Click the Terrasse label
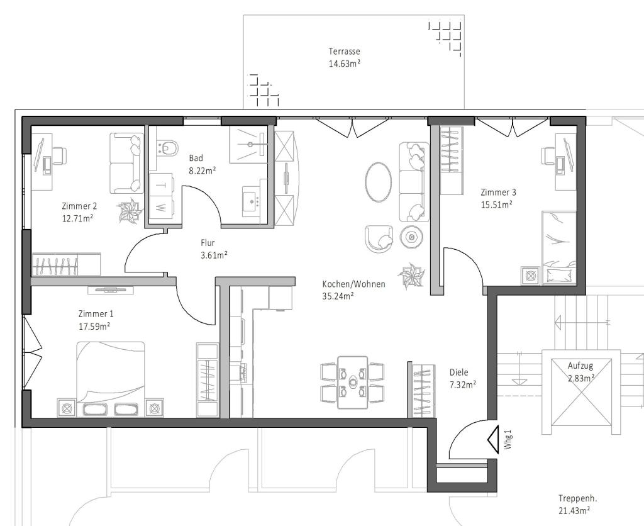pos(344,52)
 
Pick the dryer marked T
pos(160,185)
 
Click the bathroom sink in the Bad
pos(255,201)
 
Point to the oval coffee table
pos(379,182)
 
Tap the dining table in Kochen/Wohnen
pos(352,382)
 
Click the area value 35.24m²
pos(338,296)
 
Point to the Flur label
pos(208,242)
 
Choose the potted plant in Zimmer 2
pos(131,211)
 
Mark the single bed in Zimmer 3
pos(559,247)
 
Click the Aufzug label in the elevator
pos(580,366)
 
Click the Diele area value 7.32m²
pos(462,384)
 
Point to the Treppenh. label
pos(574,498)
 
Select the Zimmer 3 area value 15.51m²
pos(496,204)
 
